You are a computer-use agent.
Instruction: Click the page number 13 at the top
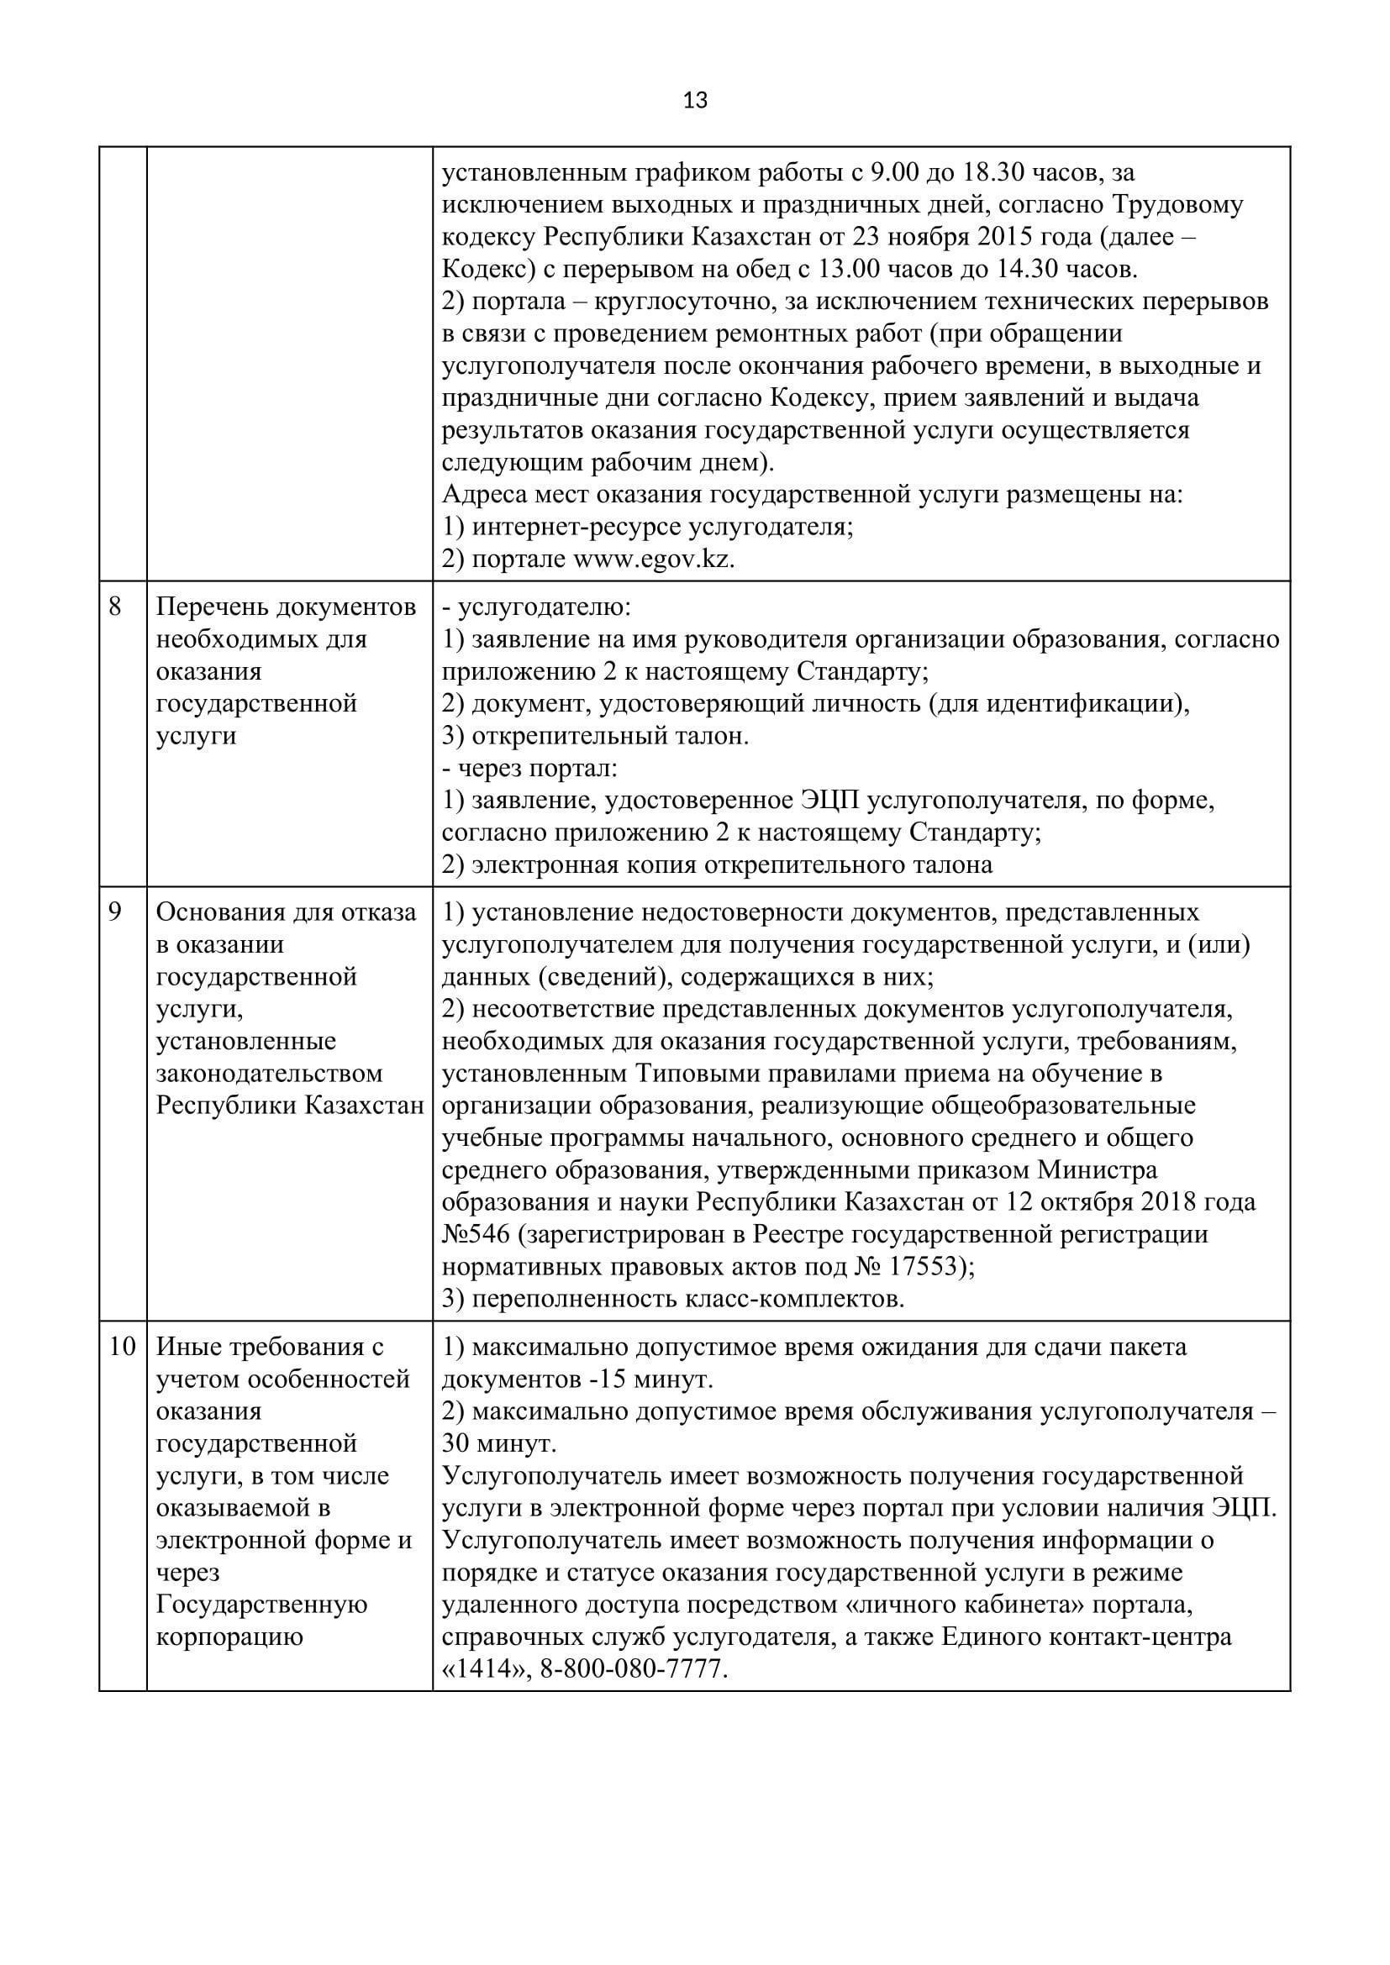point(695,101)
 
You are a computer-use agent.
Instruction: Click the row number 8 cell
point(115,607)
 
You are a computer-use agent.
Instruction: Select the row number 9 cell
point(115,912)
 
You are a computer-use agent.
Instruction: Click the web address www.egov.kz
point(653,559)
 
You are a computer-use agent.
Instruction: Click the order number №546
point(478,1234)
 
